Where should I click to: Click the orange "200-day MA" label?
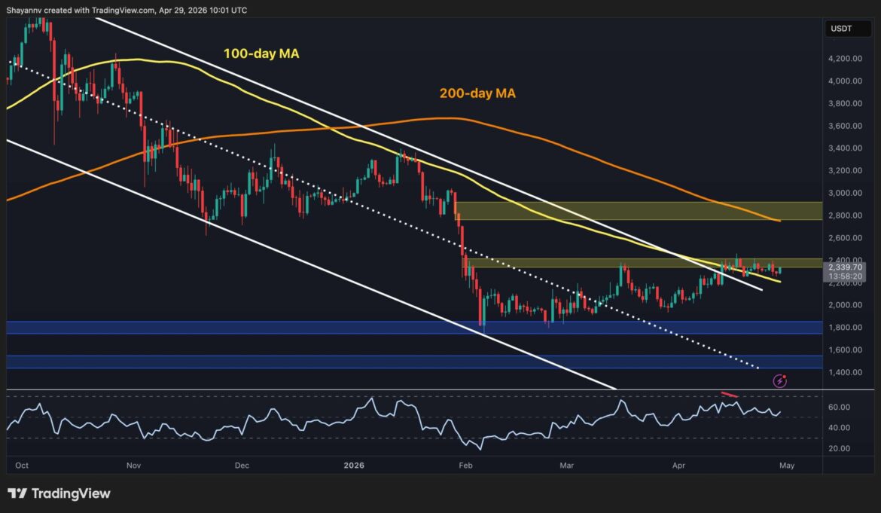(477, 93)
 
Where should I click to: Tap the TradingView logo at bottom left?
(59, 493)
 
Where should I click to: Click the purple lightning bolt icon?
(780, 380)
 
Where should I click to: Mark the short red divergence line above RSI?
(730, 395)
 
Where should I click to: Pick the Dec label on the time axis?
(241, 466)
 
